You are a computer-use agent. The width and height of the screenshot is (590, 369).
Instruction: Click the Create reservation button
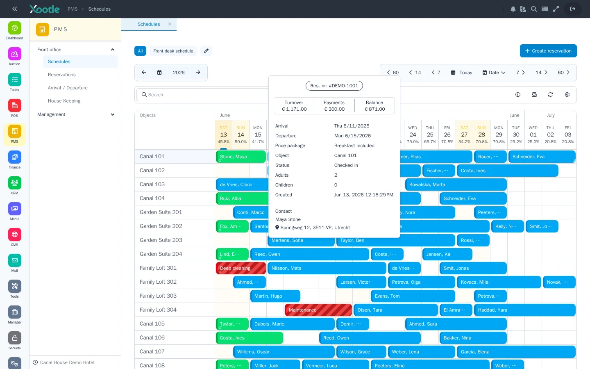pyautogui.click(x=548, y=51)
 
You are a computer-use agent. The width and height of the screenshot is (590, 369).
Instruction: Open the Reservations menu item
pyautogui.click(x=61, y=75)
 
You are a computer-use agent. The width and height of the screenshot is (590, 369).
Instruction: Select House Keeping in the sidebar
pyautogui.click(x=64, y=101)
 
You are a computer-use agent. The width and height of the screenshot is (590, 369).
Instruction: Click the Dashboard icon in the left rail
pyautogui.click(x=14, y=28)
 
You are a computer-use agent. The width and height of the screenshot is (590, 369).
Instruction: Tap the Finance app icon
pyautogui.click(x=14, y=157)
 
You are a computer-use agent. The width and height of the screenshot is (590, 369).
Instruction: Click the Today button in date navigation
pyautogui.click(x=461, y=73)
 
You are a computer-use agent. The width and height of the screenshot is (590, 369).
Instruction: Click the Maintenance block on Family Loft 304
pyautogui.click(x=318, y=310)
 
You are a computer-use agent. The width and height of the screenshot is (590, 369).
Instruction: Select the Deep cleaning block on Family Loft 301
pyautogui.click(x=241, y=268)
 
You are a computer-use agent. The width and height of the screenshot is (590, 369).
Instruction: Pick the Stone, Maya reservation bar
pyautogui.click(x=241, y=157)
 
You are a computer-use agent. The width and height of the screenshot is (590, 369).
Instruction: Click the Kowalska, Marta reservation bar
pyautogui.click(x=456, y=184)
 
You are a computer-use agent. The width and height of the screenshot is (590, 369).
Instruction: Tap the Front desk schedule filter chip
pyautogui.click(x=173, y=51)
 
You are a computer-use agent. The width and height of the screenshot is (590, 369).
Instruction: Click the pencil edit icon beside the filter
pyautogui.click(x=206, y=51)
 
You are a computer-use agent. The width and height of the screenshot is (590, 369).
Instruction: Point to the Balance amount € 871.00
pyautogui.click(x=374, y=109)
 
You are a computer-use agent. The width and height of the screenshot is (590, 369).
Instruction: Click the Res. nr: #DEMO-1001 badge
pyautogui.click(x=334, y=86)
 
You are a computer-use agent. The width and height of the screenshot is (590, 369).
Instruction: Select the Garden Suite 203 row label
pyautogui.click(x=161, y=240)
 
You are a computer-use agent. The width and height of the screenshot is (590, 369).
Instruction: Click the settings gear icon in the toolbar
pyautogui.click(x=567, y=95)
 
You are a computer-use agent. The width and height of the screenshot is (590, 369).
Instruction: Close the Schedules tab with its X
pyautogui.click(x=170, y=24)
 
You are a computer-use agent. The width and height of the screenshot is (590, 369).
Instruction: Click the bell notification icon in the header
pyautogui.click(x=513, y=9)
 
